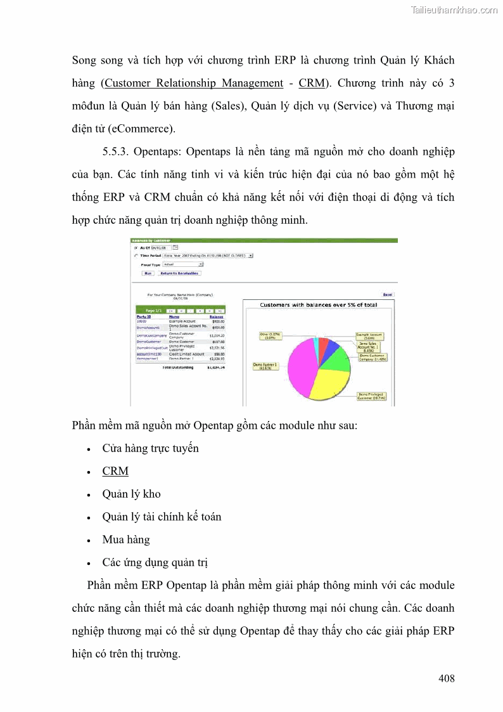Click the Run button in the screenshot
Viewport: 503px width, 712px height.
pyautogui.click(x=148, y=273)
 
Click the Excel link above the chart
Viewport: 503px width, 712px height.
pyautogui.click(x=388, y=295)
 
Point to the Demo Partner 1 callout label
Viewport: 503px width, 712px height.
pyautogui.click(x=266, y=367)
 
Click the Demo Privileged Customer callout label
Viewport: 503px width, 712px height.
pyautogui.click(x=371, y=397)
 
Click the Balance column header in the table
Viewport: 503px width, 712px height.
pyautogui.click(x=216, y=317)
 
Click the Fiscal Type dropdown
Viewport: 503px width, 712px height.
pyautogui.click(x=183, y=264)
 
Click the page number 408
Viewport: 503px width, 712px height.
pyautogui.click(x=446, y=679)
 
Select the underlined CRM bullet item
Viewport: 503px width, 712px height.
pyautogui.click(x=115, y=471)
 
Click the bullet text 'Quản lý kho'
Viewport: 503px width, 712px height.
pyautogui.click(x=131, y=494)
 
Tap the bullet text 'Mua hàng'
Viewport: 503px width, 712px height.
pyautogui.click(x=126, y=540)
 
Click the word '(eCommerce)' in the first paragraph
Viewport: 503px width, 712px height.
pyautogui.click(x=141, y=129)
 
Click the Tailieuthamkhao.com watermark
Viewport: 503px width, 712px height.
pyautogui.click(x=454, y=10)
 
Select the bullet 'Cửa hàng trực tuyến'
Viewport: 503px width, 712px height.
pyautogui.click(x=150, y=448)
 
